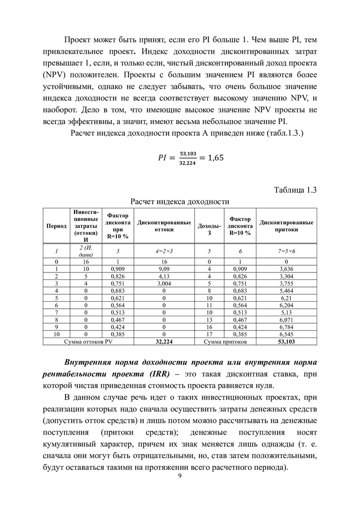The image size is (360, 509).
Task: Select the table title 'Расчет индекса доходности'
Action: tap(180, 201)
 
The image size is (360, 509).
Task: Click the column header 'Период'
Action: tap(57, 226)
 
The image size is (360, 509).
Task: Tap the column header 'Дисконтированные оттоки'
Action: tap(164, 226)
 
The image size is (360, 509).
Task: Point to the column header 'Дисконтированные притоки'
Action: tap(286, 226)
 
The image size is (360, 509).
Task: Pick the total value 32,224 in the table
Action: tap(164, 341)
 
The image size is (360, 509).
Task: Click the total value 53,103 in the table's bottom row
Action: tap(286, 341)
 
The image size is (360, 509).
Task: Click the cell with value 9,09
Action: tap(164, 268)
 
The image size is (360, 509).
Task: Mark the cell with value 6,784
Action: tap(286, 327)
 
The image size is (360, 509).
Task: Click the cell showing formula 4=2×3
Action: tap(164, 251)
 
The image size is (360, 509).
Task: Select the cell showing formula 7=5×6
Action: tap(286, 251)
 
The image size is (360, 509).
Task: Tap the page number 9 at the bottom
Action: tap(180, 475)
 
